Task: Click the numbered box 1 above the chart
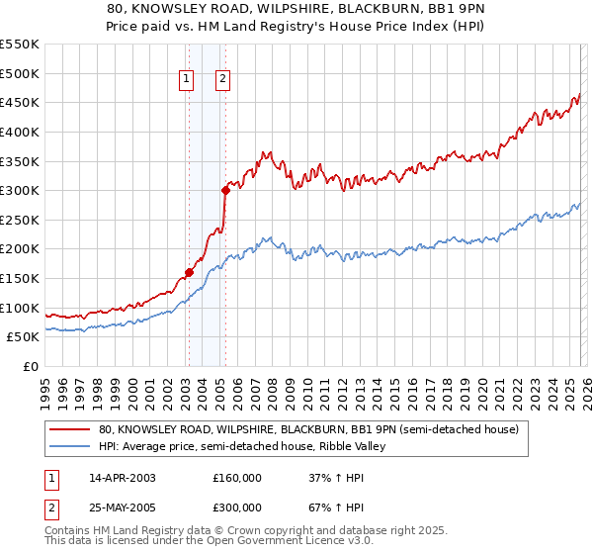188,81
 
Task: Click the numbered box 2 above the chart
223,81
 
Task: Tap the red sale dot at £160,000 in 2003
189,272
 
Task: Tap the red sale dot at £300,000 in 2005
225,190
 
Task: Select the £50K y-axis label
24,337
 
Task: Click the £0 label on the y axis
32,367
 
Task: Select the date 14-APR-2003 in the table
123,478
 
